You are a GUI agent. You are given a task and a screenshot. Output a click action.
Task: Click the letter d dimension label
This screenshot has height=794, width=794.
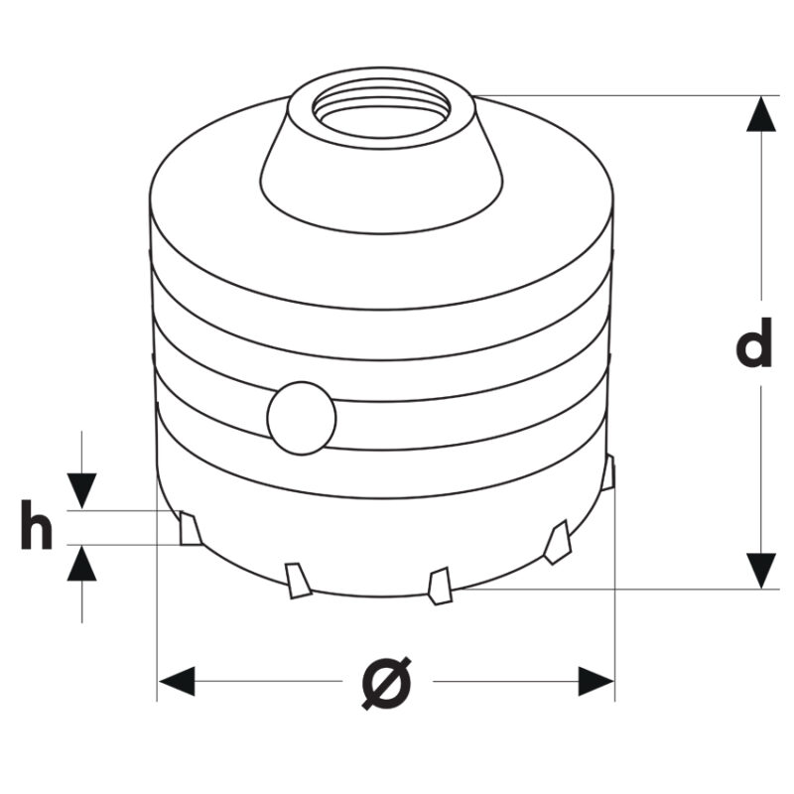pyautogui.click(x=753, y=341)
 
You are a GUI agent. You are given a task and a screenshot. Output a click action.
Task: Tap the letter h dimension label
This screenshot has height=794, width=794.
pyautogui.click(x=37, y=524)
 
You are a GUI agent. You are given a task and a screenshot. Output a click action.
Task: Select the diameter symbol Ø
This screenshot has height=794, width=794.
pyautogui.click(x=387, y=683)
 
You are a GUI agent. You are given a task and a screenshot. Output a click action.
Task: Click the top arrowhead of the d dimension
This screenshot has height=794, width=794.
pyautogui.click(x=761, y=114)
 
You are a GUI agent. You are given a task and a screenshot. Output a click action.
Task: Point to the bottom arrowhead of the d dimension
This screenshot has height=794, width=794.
pyautogui.click(x=761, y=571)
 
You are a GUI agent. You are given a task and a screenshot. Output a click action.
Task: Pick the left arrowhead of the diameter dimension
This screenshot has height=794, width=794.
pyautogui.click(x=177, y=681)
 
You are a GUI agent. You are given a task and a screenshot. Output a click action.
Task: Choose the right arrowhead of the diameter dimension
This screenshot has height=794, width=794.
pyautogui.click(x=596, y=681)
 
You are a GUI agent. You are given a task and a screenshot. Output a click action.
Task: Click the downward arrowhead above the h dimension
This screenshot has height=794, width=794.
pyautogui.click(x=82, y=490)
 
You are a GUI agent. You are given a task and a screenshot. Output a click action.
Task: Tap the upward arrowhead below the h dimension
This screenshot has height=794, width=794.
pyautogui.click(x=82, y=564)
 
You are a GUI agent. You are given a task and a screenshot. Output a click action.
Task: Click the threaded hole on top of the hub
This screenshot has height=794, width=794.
pyautogui.click(x=381, y=113)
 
